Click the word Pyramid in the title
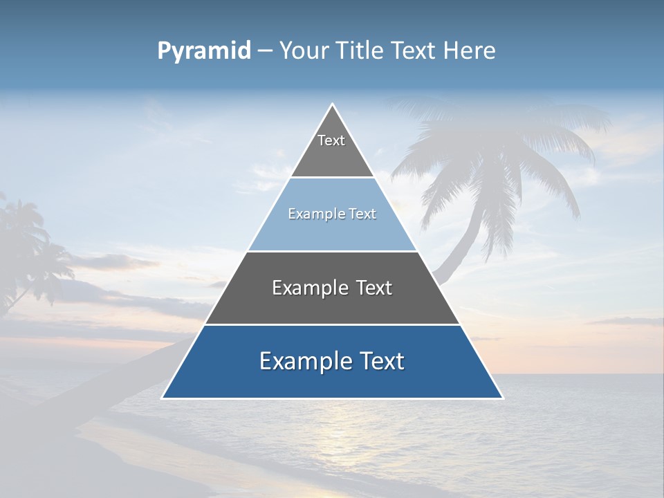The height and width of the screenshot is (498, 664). [x=204, y=51]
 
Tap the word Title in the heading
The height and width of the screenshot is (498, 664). [x=364, y=50]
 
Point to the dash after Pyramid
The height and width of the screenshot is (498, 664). [x=265, y=51]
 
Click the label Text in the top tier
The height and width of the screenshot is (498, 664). [x=331, y=140]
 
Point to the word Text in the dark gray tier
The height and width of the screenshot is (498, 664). [x=375, y=288]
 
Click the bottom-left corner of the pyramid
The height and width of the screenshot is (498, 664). [x=163, y=398]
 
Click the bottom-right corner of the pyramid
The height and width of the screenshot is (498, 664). [x=503, y=398]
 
